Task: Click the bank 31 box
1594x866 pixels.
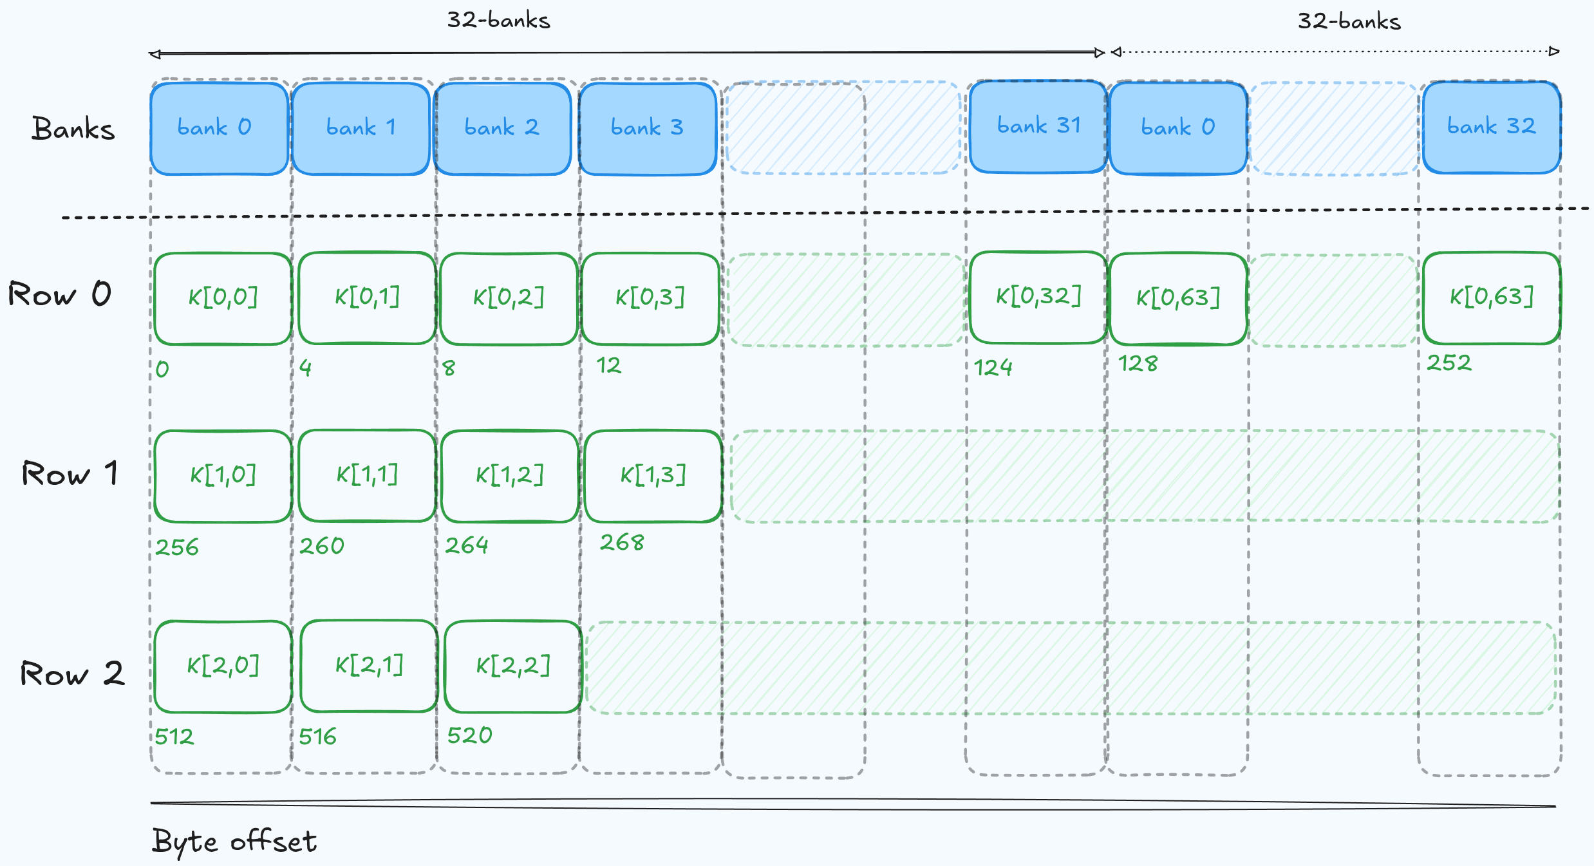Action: tap(1038, 127)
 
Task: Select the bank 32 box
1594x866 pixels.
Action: tap(1491, 127)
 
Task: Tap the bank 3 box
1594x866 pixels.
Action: tap(647, 128)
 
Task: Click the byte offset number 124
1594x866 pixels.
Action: tap(993, 368)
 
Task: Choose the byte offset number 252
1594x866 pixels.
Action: tap(1449, 363)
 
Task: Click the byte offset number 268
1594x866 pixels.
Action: tap(621, 543)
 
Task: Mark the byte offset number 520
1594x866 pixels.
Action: tap(469, 735)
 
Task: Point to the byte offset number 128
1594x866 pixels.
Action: tap(1138, 364)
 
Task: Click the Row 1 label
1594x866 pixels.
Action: tap(70, 474)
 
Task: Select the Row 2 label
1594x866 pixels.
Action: tap(71, 674)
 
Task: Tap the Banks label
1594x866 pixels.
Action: tap(73, 129)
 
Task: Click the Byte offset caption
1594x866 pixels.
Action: tap(234, 842)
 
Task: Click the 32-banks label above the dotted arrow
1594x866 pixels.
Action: tap(1349, 21)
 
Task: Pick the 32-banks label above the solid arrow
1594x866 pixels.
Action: tap(498, 20)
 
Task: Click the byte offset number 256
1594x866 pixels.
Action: tap(177, 547)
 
